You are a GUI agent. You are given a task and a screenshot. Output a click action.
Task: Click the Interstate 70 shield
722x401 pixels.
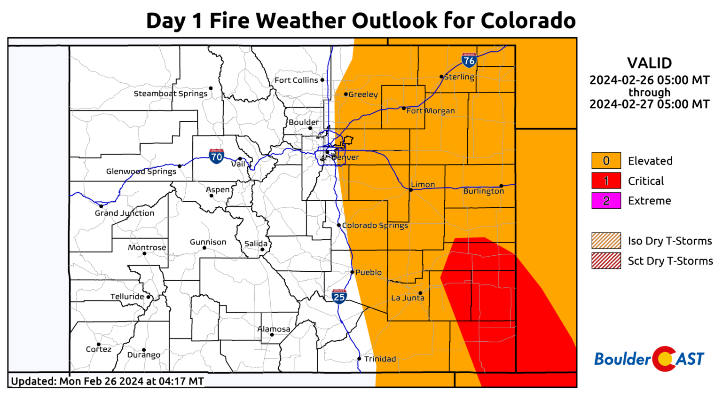click(216, 156)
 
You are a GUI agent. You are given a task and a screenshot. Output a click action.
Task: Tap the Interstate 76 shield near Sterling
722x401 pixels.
click(469, 60)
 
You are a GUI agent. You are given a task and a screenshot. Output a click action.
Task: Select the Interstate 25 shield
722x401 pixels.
click(339, 296)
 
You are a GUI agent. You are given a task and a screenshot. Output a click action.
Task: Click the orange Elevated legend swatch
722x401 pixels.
click(606, 161)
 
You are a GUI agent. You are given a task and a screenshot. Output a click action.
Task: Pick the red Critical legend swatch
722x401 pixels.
click(606, 181)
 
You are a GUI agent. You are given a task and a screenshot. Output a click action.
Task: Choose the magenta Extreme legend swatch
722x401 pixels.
click(606, 201)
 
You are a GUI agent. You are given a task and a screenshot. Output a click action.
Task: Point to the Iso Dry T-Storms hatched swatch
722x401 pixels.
click(606, 241)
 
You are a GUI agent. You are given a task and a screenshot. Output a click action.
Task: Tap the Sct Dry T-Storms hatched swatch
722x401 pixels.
click(606, 261)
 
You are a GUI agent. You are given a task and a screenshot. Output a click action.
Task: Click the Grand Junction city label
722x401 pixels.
click(125, 213)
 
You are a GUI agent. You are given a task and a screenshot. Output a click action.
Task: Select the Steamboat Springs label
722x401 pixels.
click(171, 94)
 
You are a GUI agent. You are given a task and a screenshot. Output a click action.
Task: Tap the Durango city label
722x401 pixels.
click(144, 355)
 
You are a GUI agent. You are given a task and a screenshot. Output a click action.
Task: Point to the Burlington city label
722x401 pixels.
click(483, 191)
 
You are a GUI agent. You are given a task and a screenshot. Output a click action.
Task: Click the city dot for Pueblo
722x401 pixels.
click(352, 272)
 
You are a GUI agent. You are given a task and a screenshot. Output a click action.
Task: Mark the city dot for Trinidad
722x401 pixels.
click(360, 359)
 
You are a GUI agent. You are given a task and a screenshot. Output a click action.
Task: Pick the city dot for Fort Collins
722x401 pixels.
click(322, 80)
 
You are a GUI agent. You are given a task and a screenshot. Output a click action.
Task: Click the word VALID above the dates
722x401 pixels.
click(649, 63)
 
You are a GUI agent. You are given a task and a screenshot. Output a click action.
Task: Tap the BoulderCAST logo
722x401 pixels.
click(649, 359)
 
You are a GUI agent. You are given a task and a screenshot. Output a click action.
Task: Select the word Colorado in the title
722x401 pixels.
click(528, 21)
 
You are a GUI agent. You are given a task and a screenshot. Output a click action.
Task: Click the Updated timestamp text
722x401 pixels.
click(107, 381)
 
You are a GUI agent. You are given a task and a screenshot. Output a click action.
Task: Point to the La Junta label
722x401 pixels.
click(408, 298)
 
